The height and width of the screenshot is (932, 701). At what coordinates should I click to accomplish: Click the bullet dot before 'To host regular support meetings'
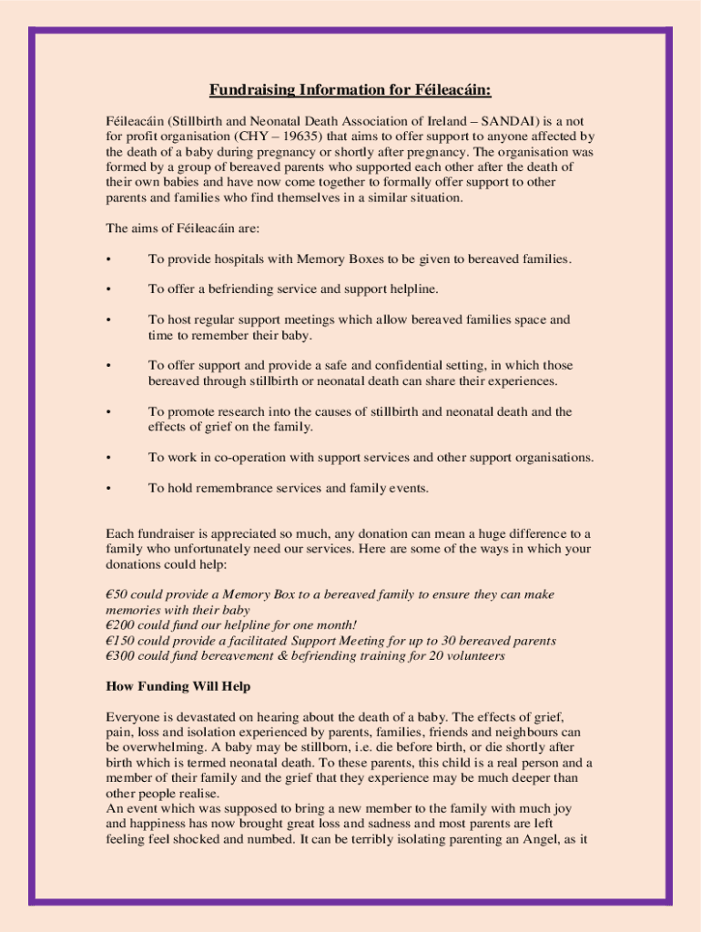coord(109,320)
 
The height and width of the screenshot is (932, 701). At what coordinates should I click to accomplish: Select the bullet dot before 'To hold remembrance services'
coord(109,488)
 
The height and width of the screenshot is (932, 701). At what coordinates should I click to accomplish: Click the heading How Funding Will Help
coord(178,685)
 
